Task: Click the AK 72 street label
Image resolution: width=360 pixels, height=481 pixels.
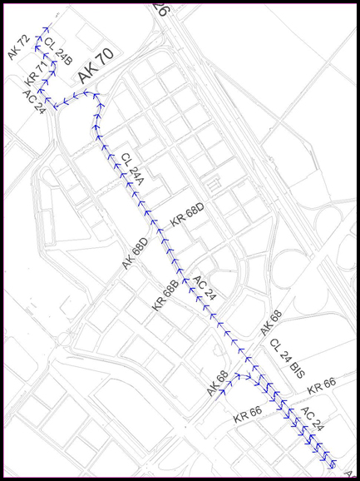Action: [18, 47]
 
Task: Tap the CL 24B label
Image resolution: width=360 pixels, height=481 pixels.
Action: [58, 52]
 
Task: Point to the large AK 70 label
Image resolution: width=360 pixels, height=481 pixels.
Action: [95, 66]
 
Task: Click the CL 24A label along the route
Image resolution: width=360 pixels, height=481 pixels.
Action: [132, 170]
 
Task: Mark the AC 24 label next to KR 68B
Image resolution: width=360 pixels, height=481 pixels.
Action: [205, 288]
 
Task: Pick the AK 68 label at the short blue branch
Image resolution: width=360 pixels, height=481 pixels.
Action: [217, 384]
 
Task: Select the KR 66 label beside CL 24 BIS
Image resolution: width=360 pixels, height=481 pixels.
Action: [321, 386]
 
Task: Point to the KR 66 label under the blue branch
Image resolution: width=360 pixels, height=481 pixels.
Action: [248, 414]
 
